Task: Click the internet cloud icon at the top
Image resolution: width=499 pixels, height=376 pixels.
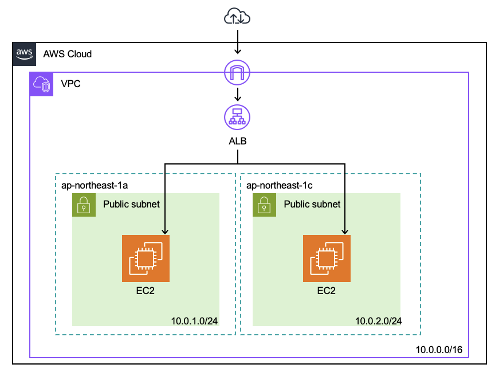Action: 237,17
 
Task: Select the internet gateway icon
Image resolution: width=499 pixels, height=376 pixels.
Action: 237,72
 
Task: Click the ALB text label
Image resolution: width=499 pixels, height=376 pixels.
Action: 237,141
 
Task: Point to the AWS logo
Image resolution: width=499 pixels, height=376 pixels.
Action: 24,54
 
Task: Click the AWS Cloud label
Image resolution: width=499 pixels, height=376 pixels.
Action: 68,54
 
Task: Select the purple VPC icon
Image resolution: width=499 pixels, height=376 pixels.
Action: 42,84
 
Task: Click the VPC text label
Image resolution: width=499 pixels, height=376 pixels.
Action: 70,85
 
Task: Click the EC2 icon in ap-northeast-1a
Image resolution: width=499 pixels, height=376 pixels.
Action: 146,258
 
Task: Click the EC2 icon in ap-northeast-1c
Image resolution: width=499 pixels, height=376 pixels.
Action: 327,258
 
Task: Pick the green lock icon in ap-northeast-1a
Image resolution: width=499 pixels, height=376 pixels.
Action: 84,205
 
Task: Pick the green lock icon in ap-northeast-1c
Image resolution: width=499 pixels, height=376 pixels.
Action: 264,205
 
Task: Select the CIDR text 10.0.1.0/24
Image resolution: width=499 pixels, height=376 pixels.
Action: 194,320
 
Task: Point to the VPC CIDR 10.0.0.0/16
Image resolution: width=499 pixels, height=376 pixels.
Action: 439,349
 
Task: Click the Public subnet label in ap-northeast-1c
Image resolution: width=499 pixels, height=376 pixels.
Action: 312,204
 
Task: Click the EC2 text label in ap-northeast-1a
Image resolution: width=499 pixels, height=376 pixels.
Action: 146,291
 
